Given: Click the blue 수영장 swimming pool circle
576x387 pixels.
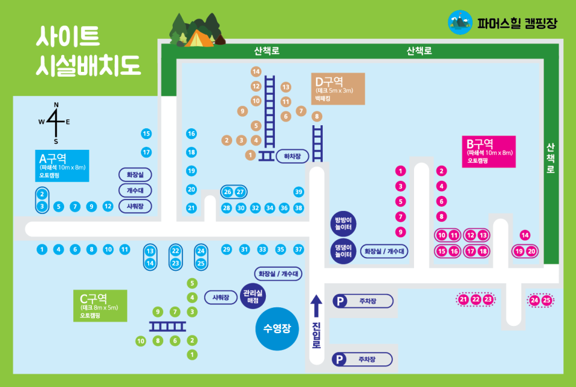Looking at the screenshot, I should [x=277, y=328].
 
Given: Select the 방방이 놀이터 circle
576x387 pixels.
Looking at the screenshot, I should [x=344, y=223].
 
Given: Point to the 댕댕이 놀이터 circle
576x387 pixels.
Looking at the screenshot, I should [x=344, y=251].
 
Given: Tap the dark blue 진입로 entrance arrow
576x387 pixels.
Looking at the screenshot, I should [x=316, y=307].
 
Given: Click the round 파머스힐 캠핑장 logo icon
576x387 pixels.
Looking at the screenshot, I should [x=460, y=23].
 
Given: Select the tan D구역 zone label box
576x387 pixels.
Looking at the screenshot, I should [x=338, y=89].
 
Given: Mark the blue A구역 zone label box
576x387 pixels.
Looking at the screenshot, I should [x=62, y=166].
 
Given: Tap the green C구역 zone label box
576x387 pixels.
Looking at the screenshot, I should [x=102, y=306].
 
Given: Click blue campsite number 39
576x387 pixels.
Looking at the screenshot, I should [x=299, y=192].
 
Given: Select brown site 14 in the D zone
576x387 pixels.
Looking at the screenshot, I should [x=256, y=71].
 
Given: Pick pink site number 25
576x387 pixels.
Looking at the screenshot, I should [x=547, y=300].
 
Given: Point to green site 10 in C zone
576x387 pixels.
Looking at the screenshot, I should [x=141, y=341].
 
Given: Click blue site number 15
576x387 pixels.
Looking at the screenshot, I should [x=146, y=133].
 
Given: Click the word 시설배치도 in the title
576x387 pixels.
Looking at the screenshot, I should [x=89, y=64].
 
